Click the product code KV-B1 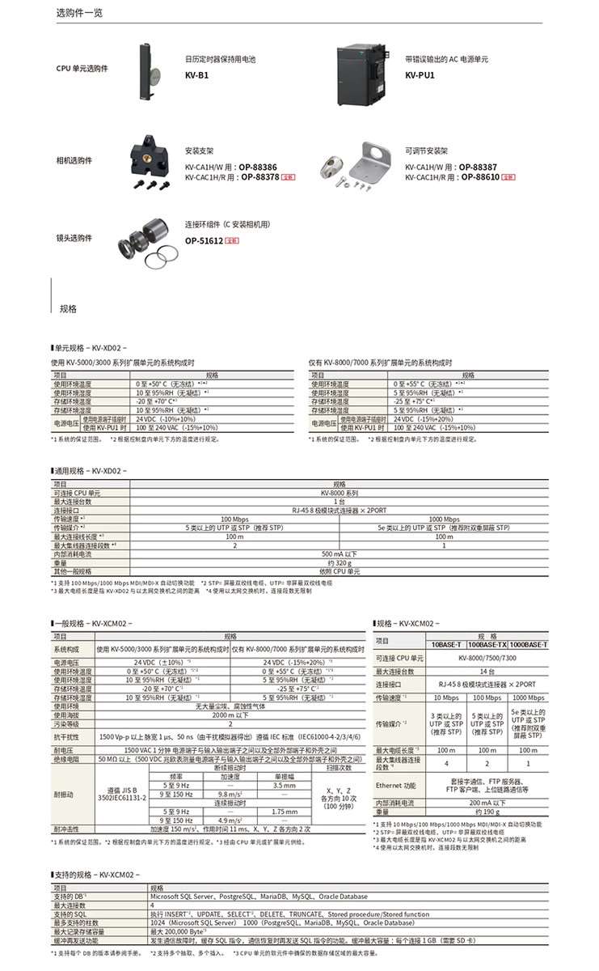coord(196,75)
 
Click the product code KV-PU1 coord(420,74)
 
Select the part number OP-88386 coord(259,166)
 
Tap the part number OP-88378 coord(259,176)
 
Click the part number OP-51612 coord(203,240)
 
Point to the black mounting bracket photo coord(150,158)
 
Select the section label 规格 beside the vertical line coord(69,308)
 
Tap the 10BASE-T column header coord(446,643)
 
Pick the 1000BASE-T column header coord(529,643)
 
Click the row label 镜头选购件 coord(74,238)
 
